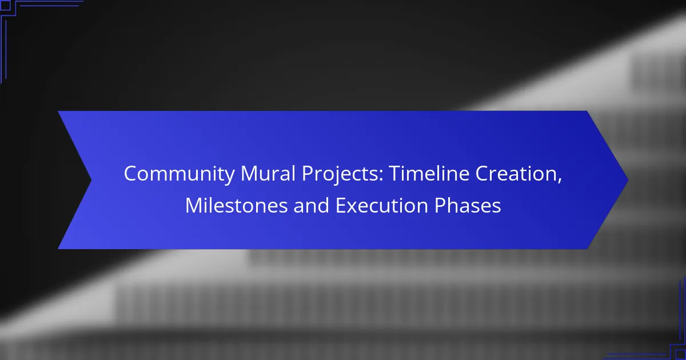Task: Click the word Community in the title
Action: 179,174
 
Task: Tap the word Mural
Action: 268,173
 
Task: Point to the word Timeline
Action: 429,173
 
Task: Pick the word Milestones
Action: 237,205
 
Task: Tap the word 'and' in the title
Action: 311,205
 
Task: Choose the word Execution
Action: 382,205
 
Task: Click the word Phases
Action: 468,205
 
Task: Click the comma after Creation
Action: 560,181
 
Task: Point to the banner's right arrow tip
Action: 628,180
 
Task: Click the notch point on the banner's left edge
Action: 91,180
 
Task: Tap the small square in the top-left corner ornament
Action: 5,6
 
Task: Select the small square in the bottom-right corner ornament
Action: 681,355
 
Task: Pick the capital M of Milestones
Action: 194,205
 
